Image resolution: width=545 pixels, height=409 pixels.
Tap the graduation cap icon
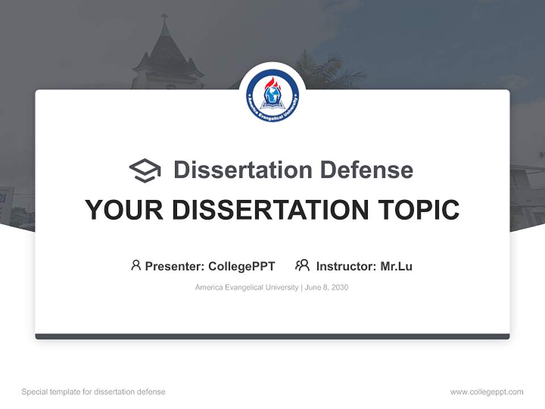click(x=145, y=170)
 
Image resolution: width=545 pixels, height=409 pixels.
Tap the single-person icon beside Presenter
click(x=136, y=265)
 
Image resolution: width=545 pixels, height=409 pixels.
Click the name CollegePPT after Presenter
click(x=241, y=266)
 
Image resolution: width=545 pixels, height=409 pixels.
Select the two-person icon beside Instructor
click(x=302, y=265)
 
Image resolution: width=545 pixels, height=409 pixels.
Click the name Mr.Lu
click(x=396, y=266)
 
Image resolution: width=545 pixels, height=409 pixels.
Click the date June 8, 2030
click(x=326, y=287)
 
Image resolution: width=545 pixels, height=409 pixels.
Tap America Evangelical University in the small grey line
click(x=246, y=287)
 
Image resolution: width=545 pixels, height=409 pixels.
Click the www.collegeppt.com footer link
click(x=487, y=392)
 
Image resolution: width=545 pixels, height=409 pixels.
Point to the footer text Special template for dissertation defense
click(x=94, y=392)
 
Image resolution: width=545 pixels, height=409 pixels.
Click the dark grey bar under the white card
click(x=272, y=337)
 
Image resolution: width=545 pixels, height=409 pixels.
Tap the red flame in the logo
click(x=272, y=84)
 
